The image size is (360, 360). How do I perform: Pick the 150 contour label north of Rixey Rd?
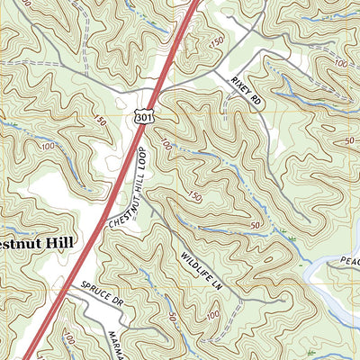click(x=217, y=42)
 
